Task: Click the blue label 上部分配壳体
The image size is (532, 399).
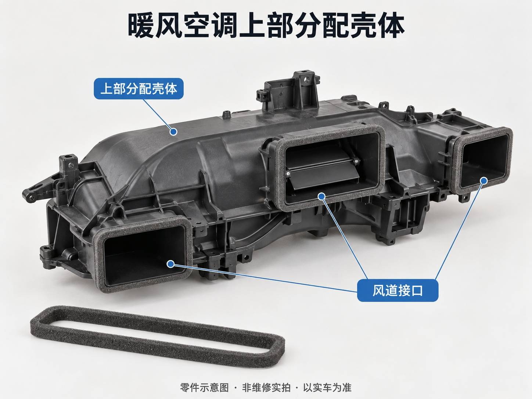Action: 139,89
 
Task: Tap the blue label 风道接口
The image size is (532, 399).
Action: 398,291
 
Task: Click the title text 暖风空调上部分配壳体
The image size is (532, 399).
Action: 266,25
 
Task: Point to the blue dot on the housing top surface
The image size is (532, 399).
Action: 173,132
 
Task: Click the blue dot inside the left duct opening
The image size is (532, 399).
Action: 171,264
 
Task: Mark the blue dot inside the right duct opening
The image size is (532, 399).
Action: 484,180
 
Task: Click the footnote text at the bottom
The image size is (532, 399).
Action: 266,388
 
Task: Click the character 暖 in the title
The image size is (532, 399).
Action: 141,25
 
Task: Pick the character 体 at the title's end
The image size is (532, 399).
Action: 391,25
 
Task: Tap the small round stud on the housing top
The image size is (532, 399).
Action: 226,114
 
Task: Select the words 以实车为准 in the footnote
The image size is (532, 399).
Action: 327,388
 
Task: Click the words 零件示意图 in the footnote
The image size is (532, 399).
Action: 204,388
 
